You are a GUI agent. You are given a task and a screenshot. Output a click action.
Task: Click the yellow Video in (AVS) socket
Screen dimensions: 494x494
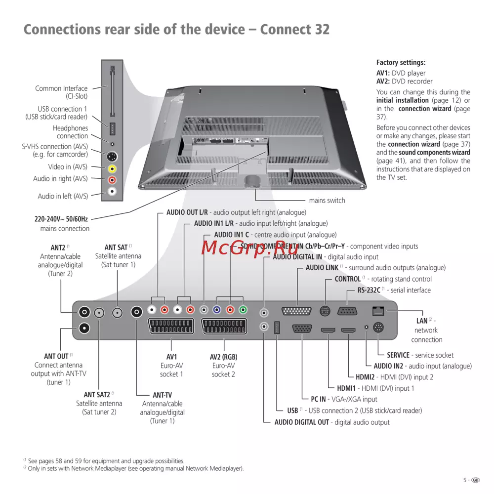coord(112,168)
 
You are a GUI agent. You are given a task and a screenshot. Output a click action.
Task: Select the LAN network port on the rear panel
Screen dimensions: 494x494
coord(378,311)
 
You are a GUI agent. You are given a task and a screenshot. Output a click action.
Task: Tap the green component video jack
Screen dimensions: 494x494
coord(243,311)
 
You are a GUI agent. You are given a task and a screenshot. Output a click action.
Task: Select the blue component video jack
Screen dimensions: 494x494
coord(216,311)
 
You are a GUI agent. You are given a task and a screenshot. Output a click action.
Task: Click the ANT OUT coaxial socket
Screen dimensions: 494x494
coord(84,328)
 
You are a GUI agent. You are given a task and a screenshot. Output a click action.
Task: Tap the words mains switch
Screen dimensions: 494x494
coord(327,201)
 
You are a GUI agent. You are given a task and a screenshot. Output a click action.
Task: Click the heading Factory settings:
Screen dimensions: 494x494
coord(401,63)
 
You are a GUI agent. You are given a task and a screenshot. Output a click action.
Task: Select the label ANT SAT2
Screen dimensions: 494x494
coord(96,395)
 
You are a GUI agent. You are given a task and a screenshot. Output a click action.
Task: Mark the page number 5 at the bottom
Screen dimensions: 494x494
coord(464,480)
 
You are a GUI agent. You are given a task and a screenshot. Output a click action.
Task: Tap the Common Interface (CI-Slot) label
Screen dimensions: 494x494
coord(61,92)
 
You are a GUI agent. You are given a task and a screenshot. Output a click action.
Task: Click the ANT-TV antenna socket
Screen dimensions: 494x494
coord(136,312)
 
